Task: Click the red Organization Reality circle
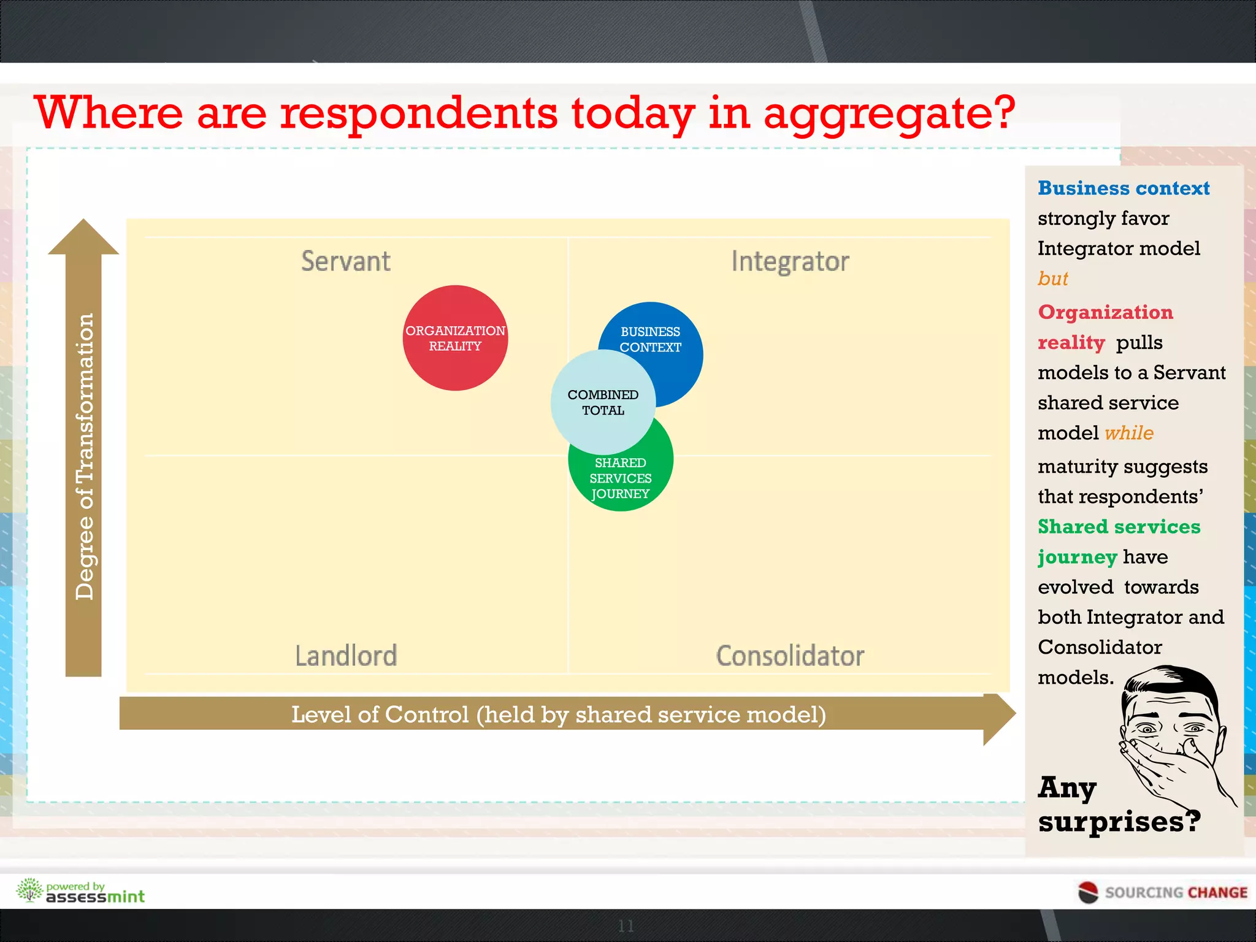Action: pyautogui.click(x=455, y=338)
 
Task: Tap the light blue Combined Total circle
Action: pyautogui.click(x=603, y=402)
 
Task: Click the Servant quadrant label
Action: pyautogui.click(x=346, y=261)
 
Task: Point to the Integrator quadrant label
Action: pyautogui.click(x=790, y=262)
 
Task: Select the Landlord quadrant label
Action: pyautogui.click(x=346, y=656)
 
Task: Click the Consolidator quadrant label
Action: pyautogui.click(x=790, y=656)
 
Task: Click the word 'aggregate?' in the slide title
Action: pyautogui.click(x=889, y=115)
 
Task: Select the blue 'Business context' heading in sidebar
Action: pyautogui.click(x=1124, y=188)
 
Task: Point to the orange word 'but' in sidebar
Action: pyautogui.click(x=1052, y=279)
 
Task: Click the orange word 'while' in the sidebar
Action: pyautogui.click(x=1129, y=433)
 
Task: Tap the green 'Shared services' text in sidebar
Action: pyautogui.click(x=1119, y=527)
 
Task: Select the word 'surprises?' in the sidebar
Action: pyautogui.click(x=1119, y=822)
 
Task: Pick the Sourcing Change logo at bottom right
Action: pyautogui.click(x=1163, y=892)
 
